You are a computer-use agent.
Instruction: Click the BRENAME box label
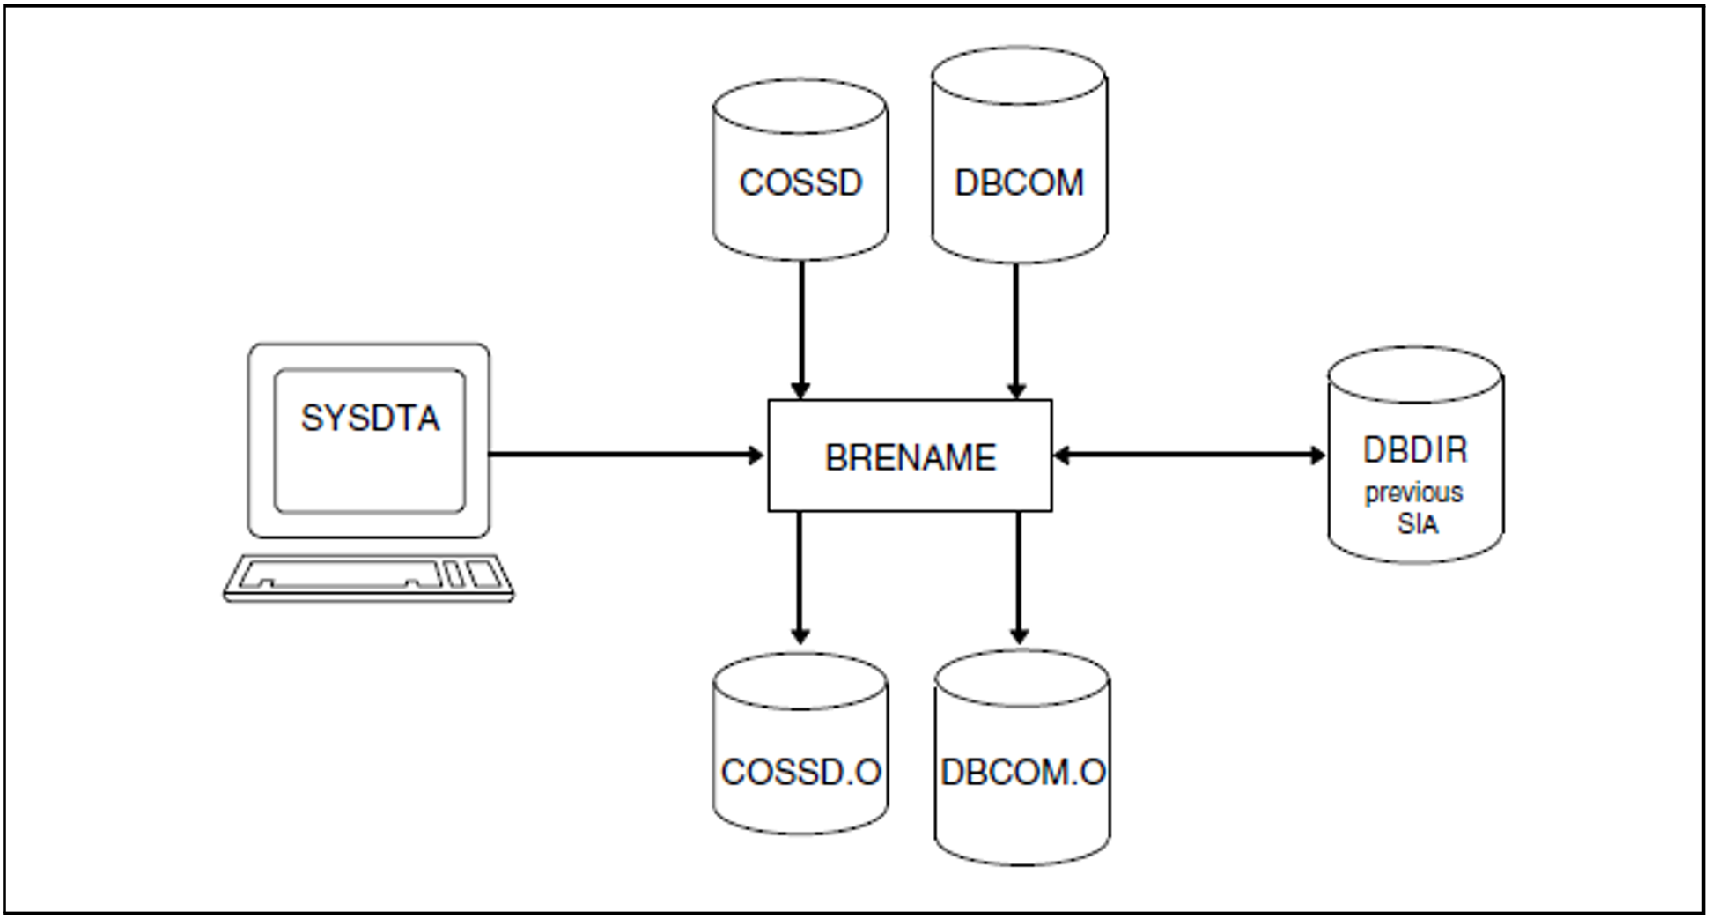click(x=910, y=457)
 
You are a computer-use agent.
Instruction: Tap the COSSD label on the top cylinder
click(x=800, y=183)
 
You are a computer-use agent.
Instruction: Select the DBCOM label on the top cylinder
click(x=1019, y=183)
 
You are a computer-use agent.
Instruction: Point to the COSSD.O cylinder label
click(x=800, y=773)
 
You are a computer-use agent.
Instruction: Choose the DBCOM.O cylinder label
click(x=1022, y=773)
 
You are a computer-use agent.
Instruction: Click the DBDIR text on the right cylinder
click(x=1415, y=450)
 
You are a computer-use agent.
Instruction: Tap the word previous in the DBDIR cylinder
click(x=1413, y=493)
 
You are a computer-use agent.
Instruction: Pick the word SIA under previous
click(x=1417, y=524)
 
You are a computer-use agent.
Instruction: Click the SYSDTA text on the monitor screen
click(x=370, y=419)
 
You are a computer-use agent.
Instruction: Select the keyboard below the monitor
click(x=368, y=577)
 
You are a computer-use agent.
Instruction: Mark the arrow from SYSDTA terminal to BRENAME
click(x=625, y=455)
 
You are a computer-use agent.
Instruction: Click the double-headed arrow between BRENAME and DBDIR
click(x=1189, y=455)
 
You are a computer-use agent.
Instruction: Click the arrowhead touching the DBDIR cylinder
click(x=1317, y=455)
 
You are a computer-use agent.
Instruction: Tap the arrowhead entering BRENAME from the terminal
click(x=756, y=455)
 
